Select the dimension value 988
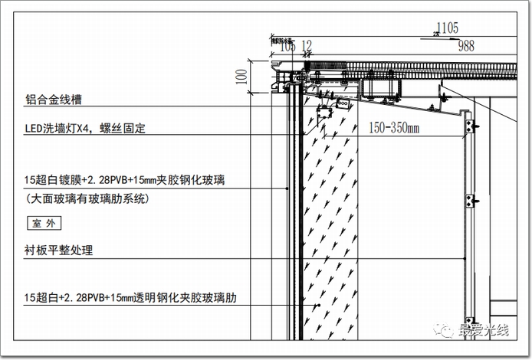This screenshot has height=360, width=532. pos(466,46)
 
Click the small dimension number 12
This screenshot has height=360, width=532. pos(307,47)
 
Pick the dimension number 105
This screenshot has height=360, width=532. pos(287,47)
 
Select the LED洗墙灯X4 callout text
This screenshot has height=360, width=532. pos(84,129)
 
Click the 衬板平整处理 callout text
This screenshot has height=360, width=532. pos(58,250)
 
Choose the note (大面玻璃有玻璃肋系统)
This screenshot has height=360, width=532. pos(86,199)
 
